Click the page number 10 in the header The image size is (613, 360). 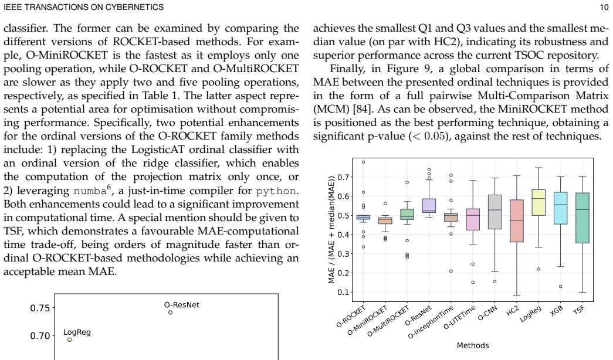point(604,7)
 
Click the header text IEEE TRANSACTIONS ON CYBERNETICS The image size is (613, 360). point(84,7)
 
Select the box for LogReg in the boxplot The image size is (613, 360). point(539,202)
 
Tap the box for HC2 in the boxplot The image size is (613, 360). point(517,221)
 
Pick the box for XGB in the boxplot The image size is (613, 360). point(561,208)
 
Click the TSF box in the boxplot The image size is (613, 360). point(582,218)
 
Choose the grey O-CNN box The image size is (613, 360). point(495,212)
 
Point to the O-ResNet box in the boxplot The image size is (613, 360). point(429,206)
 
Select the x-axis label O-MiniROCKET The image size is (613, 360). point(367,320)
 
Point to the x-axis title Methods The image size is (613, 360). point(473,345)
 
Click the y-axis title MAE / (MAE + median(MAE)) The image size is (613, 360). point(331,230)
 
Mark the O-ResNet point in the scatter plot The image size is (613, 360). point(170,313)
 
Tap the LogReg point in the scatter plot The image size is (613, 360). point(70,339)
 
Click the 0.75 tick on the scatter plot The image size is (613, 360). point(40,308)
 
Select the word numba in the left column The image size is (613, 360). point(90,191)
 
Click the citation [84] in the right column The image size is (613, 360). point(361,109)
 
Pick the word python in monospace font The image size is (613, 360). point(276,192)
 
